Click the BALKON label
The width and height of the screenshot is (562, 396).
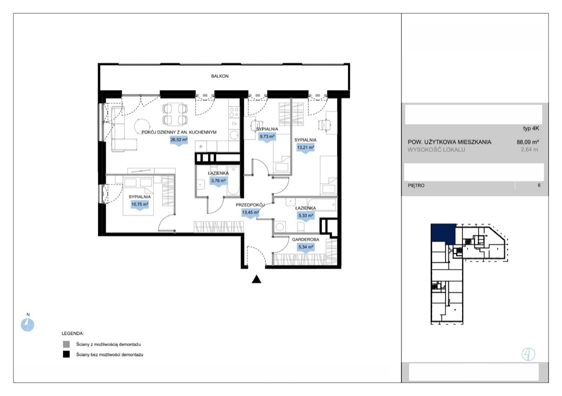[x=220, y=76]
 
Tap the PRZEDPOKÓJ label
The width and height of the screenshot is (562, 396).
[x=250, y=205]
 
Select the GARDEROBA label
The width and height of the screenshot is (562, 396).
[x=305, y=239]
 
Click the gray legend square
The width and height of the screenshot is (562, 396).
[x=66, y=344]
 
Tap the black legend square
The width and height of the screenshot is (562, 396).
[x=66, y=354]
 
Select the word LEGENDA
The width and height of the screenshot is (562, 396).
[x=72, y=334]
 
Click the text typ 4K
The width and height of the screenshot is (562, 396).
[x=531, y=128]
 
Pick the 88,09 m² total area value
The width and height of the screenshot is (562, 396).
[x=528, y=142]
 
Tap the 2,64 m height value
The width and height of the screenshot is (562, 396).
[x=529, y=150]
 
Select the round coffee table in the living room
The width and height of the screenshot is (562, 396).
[x=142, y=126]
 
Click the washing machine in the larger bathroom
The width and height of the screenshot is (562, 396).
[x=280, y=227]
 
